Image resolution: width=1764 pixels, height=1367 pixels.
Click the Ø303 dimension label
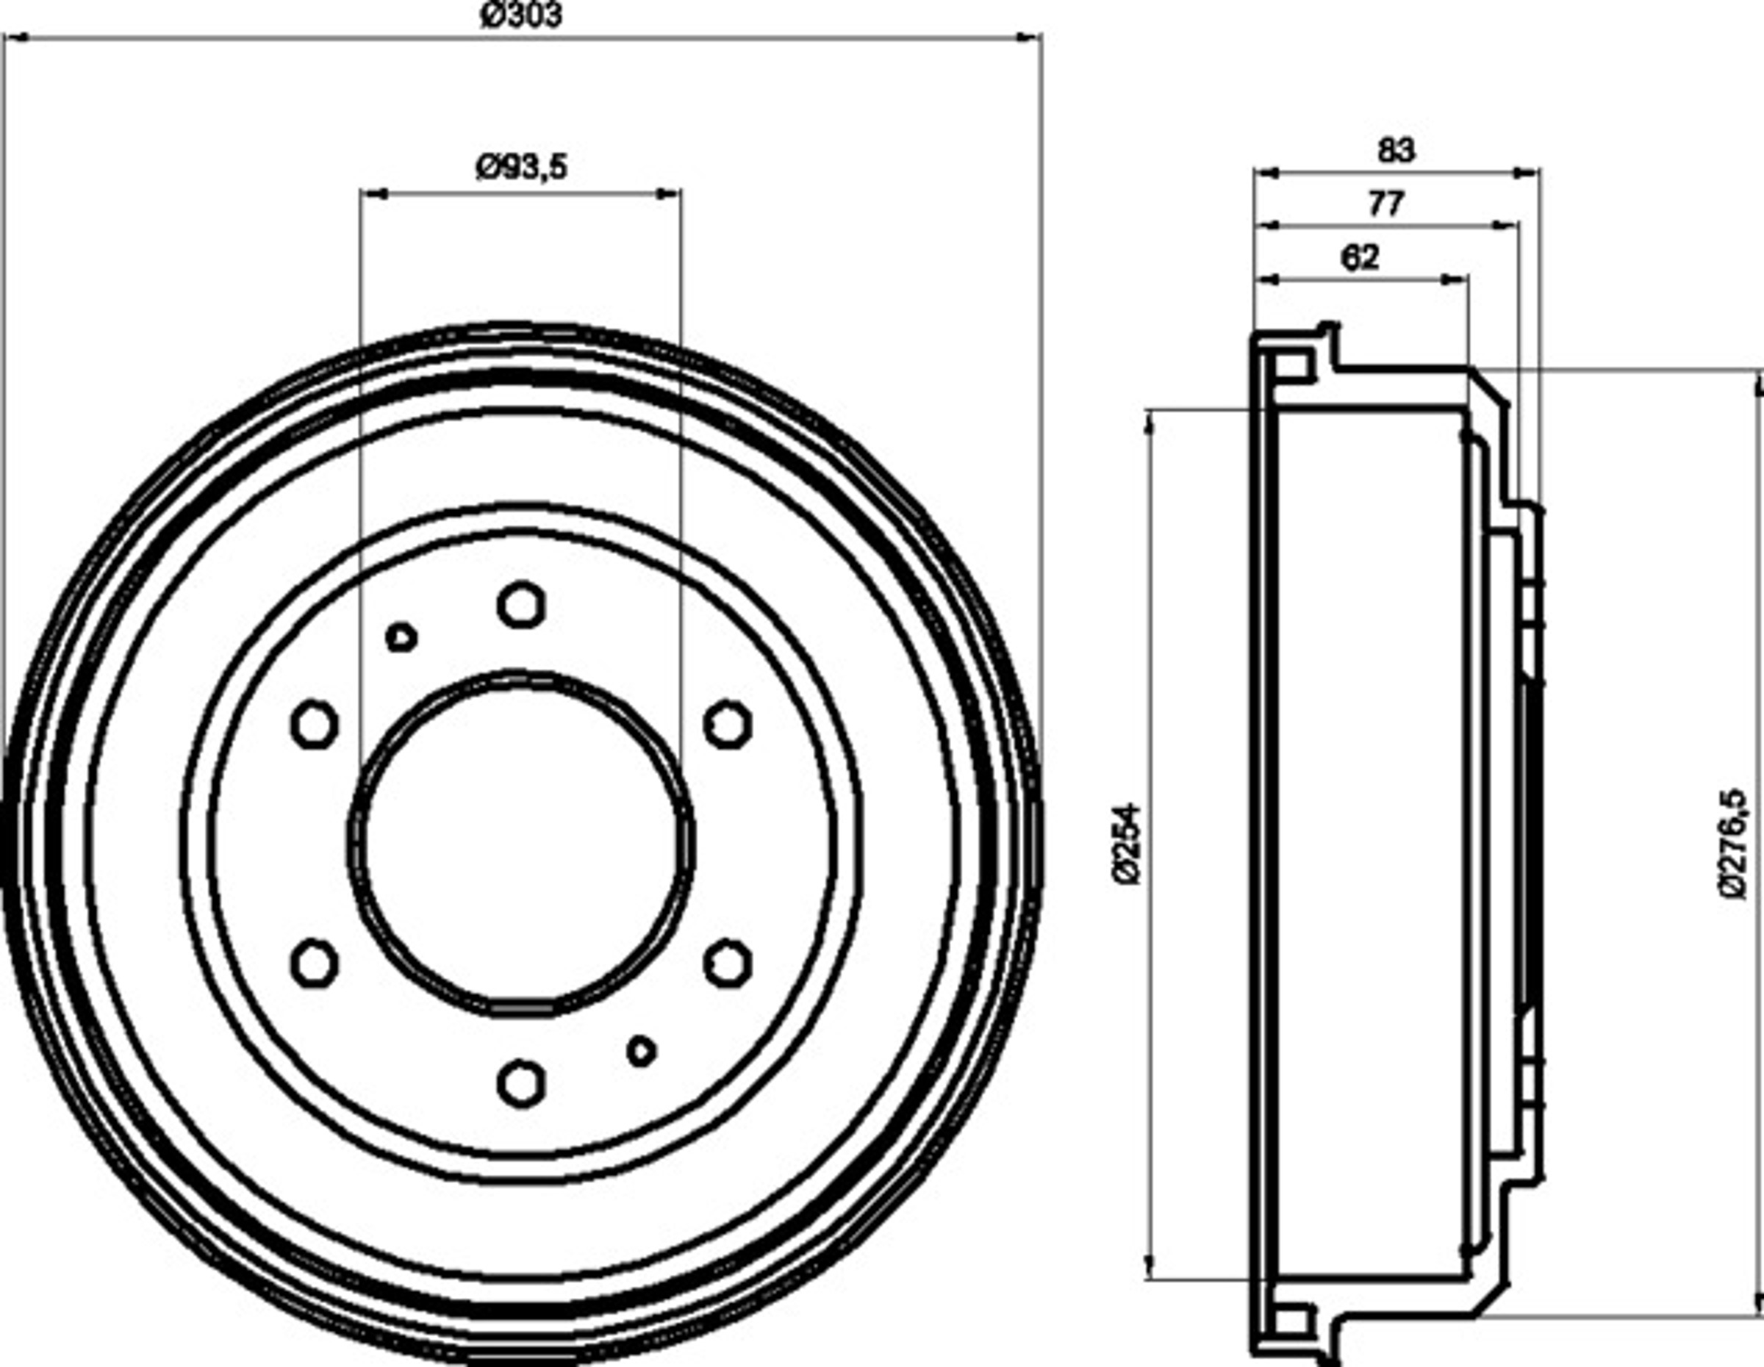coord(520,15)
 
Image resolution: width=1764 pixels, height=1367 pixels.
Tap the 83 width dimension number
coord(1396,151)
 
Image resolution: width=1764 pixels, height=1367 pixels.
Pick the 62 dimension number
coord(1360,257)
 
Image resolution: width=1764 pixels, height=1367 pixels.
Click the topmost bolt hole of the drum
coord(522,605)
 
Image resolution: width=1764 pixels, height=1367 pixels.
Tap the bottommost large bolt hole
coord(522,1083)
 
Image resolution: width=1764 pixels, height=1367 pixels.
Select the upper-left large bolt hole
coord(314,724)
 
